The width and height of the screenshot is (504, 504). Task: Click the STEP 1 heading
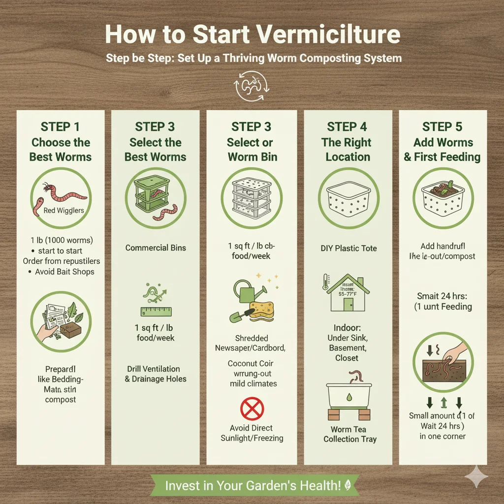click(60, 126)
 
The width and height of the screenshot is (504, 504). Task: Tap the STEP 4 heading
click(347, 126)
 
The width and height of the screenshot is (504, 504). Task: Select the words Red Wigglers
click(63, 210)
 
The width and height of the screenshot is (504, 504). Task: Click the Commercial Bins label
click(156, 248)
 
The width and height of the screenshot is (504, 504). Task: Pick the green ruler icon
click(156, 311)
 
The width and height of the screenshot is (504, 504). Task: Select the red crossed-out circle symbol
click(252, 409)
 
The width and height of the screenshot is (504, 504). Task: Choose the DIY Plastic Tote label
click(348, 248)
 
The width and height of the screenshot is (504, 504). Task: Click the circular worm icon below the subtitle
click(252, 89)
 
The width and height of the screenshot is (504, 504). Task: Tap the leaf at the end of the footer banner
click(347, 485)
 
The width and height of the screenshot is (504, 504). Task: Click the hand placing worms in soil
click(455, 353)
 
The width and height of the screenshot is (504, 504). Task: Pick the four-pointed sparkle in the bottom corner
click(476, 476)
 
